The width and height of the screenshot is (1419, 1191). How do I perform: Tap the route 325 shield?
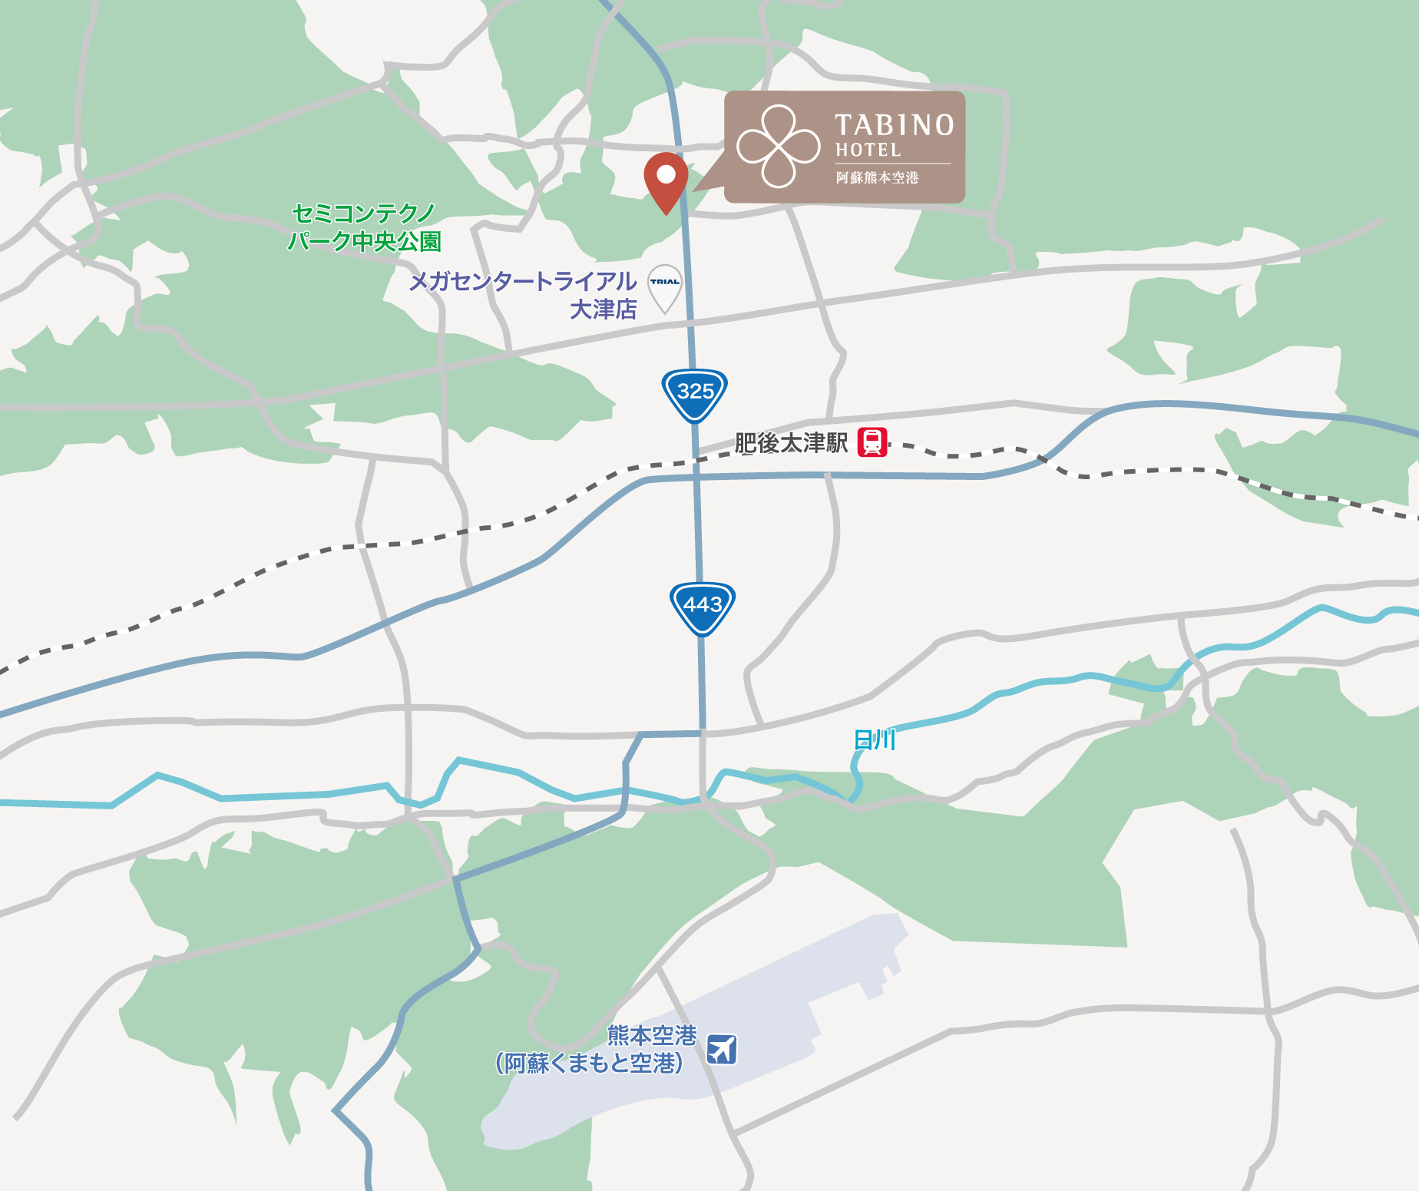click(x=695, y=394)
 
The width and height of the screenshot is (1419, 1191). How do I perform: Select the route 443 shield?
click(x=703, y=607)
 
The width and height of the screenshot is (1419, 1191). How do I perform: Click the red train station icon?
click(x=872, y=442)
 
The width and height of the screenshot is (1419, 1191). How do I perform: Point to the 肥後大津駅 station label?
click(x=791, y=443)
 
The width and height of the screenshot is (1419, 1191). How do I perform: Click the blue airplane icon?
click(x=722, y=1049)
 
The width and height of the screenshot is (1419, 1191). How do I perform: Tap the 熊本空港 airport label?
click(x=652, y=1035)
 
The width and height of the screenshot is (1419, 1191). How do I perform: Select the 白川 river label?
click(x=875, y=740)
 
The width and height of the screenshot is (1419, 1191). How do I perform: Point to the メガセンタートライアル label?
click(x=522, y=282)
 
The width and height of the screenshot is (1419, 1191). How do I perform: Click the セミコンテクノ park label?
click(x=364, y=213)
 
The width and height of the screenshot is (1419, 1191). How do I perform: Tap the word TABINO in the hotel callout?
click(x=894, y=125)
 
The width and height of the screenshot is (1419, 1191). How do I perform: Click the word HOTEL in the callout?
click(x=868, y=151)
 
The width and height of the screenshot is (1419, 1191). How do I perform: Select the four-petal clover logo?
click(x=778, y=146)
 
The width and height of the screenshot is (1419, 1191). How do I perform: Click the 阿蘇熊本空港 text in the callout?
click(x=877, y=178)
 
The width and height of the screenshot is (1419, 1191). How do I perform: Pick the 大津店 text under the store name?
click(x=604, y=309)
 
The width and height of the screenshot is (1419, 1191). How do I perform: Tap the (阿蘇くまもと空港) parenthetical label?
click(x=589, y=1064)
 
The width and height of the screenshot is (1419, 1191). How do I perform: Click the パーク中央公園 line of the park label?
click(x=364, y=242)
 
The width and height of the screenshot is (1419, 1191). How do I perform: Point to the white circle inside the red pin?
click(x=666, y=174)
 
